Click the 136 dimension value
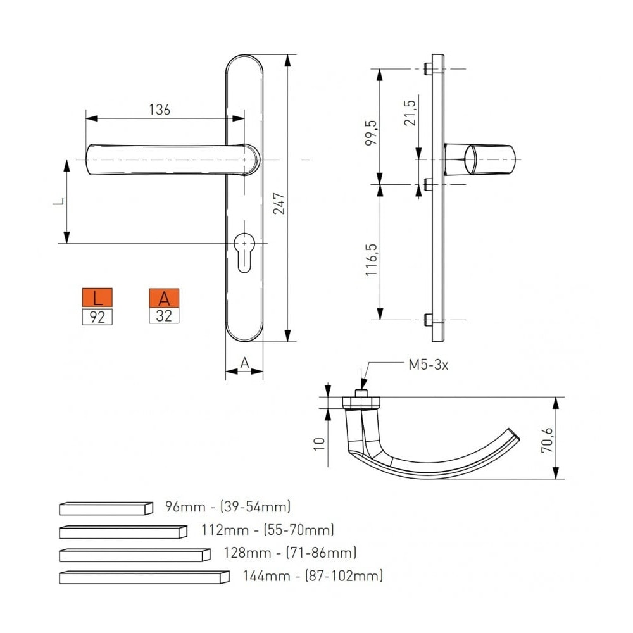160,110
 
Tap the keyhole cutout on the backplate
244,253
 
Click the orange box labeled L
97,298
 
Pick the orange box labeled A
164,298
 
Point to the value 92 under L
97,317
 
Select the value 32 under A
164,316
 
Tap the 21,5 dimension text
409,113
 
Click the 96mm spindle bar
106,508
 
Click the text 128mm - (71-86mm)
290,552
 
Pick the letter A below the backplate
244,363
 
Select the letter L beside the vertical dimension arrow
58,201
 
